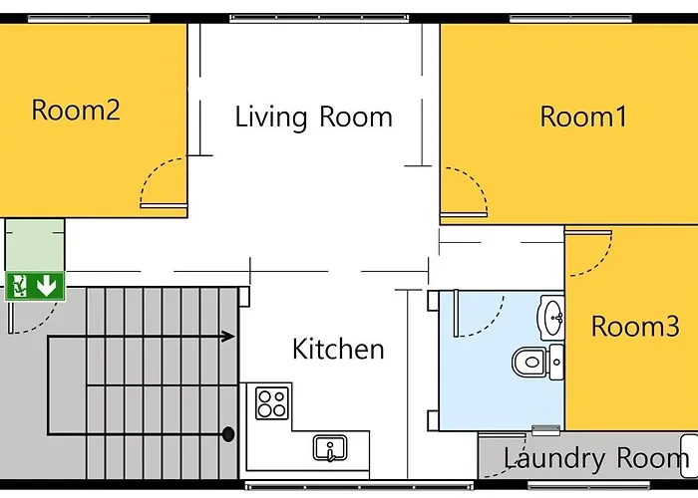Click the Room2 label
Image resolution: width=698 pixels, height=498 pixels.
pos(76,111)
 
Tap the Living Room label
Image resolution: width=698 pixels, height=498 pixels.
pos(314,117)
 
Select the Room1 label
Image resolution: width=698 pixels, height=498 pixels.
pos(583,117)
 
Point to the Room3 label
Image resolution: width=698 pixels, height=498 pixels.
pos(635,326)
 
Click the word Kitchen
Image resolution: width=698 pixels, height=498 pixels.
pos(338,349)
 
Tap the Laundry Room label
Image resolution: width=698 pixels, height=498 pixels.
pos(596,459)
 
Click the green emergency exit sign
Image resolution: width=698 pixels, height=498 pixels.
pos(35,286)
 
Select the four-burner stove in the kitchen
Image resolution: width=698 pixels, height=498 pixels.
pos(271,402)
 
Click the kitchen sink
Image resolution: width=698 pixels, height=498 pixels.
pos(330,448)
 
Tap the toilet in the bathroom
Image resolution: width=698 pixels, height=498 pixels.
pos(537,363)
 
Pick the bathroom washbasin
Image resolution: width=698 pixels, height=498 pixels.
pos(551,318)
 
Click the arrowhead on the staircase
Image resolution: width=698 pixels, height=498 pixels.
pos(228,337)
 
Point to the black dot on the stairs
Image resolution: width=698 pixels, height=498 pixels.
pos(228,434)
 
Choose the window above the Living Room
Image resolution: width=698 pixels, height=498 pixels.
pos(319,18)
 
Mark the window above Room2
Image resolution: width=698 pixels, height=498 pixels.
pos(89,18)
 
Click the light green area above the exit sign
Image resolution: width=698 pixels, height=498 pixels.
pos(35,245)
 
